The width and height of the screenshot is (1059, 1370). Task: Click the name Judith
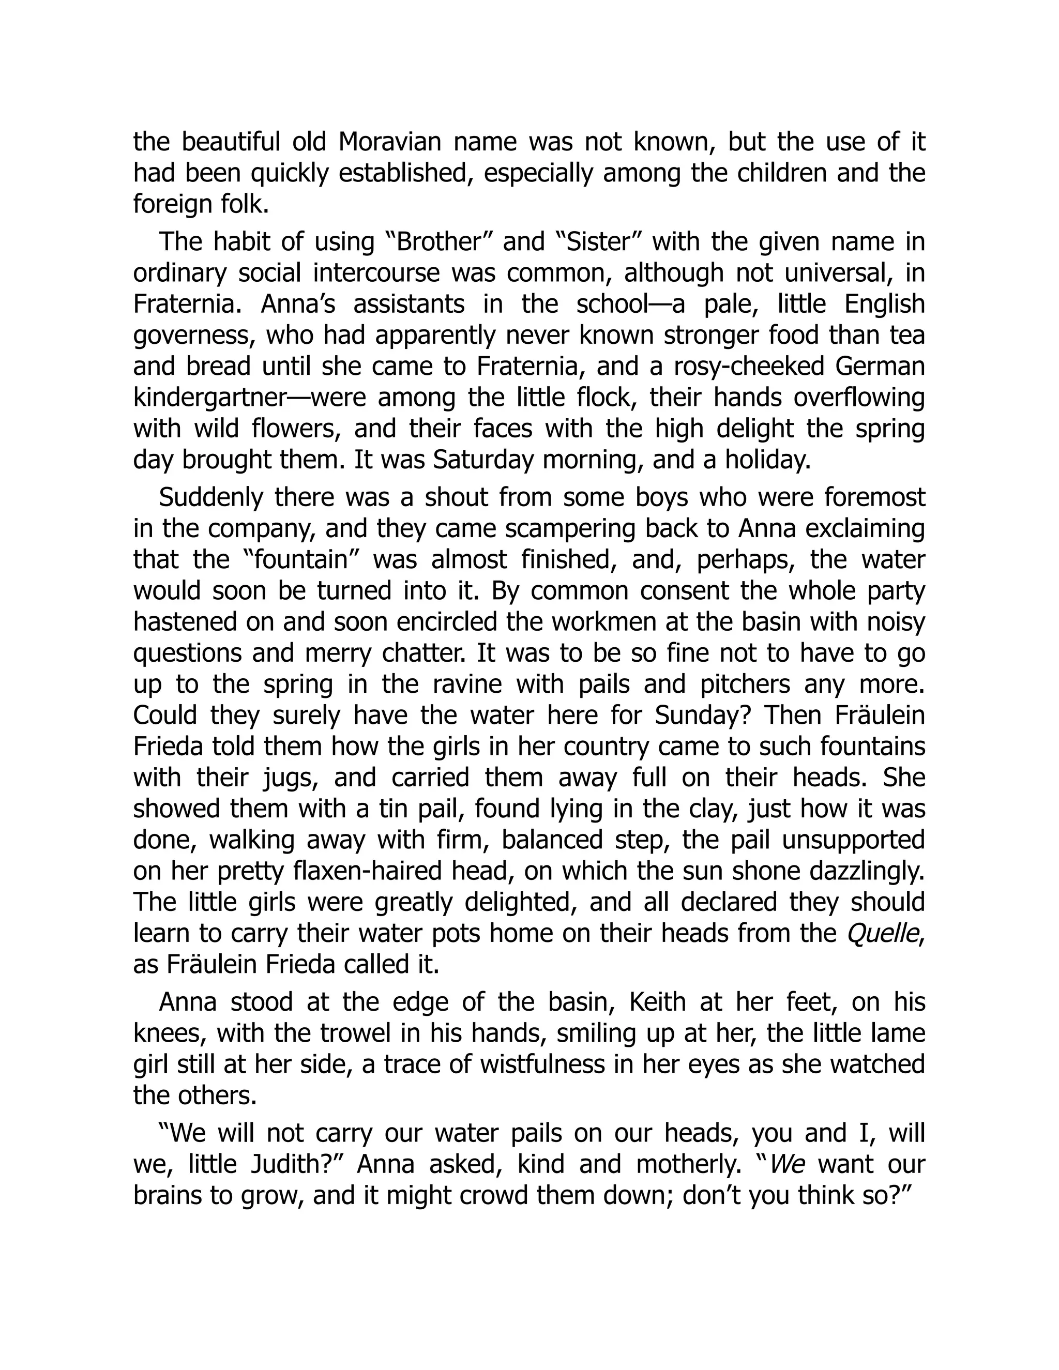tap(296, 1165)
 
